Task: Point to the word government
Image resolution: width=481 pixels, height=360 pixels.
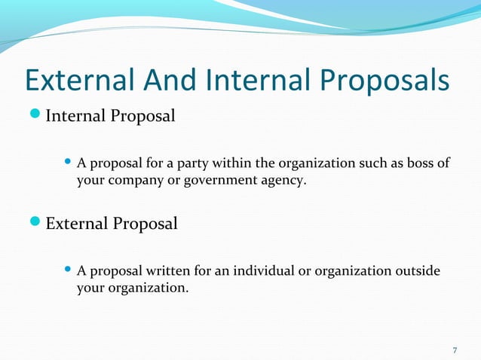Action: pos(232,181)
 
